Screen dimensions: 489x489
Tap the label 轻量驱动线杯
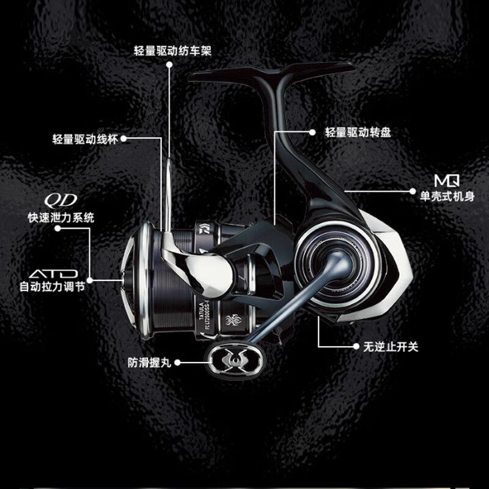[x=86, y=139]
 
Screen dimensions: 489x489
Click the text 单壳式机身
[x=446, y=197]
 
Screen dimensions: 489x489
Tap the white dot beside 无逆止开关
[x=356, y=347]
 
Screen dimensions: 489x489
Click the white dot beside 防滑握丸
[x=186, y=362]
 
